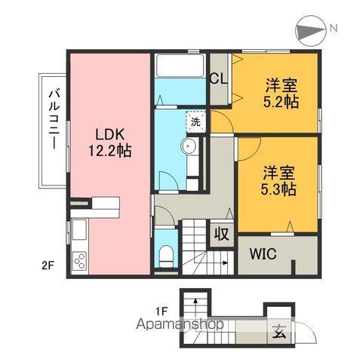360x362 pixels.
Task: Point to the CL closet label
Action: [220, 78]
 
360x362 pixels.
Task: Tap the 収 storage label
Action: [220, 233]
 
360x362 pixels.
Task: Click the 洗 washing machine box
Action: [195, 121]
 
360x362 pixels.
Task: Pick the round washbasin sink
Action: [189, 147]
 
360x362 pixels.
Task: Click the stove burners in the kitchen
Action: [79, 262]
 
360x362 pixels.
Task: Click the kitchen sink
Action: [78, 231]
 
